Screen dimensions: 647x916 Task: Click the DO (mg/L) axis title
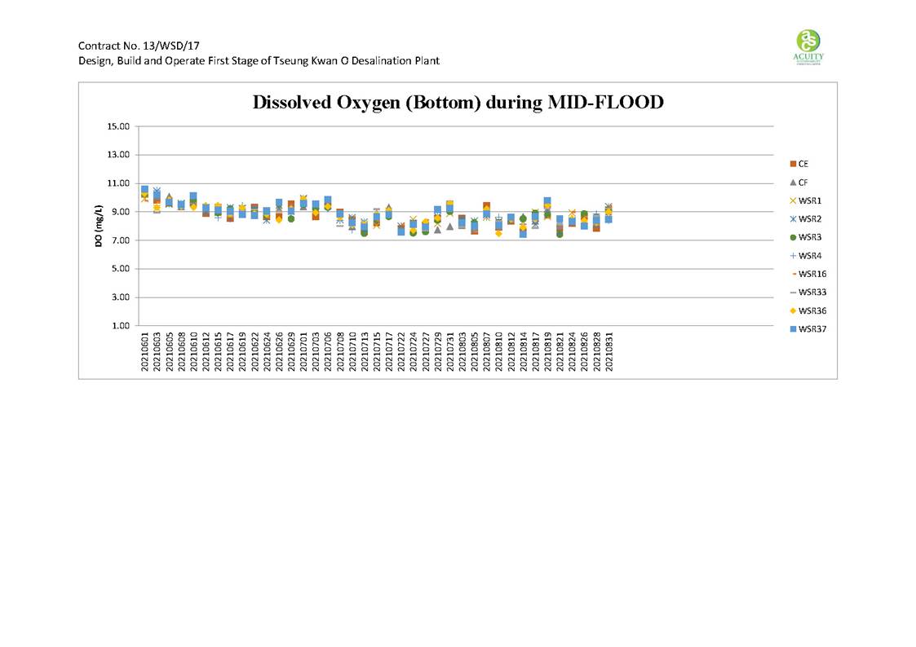point(98,225)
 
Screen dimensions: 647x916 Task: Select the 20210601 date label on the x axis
point(145,352)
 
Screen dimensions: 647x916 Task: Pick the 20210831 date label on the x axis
point(608,352)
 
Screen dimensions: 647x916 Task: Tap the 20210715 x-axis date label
point(377,352)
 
